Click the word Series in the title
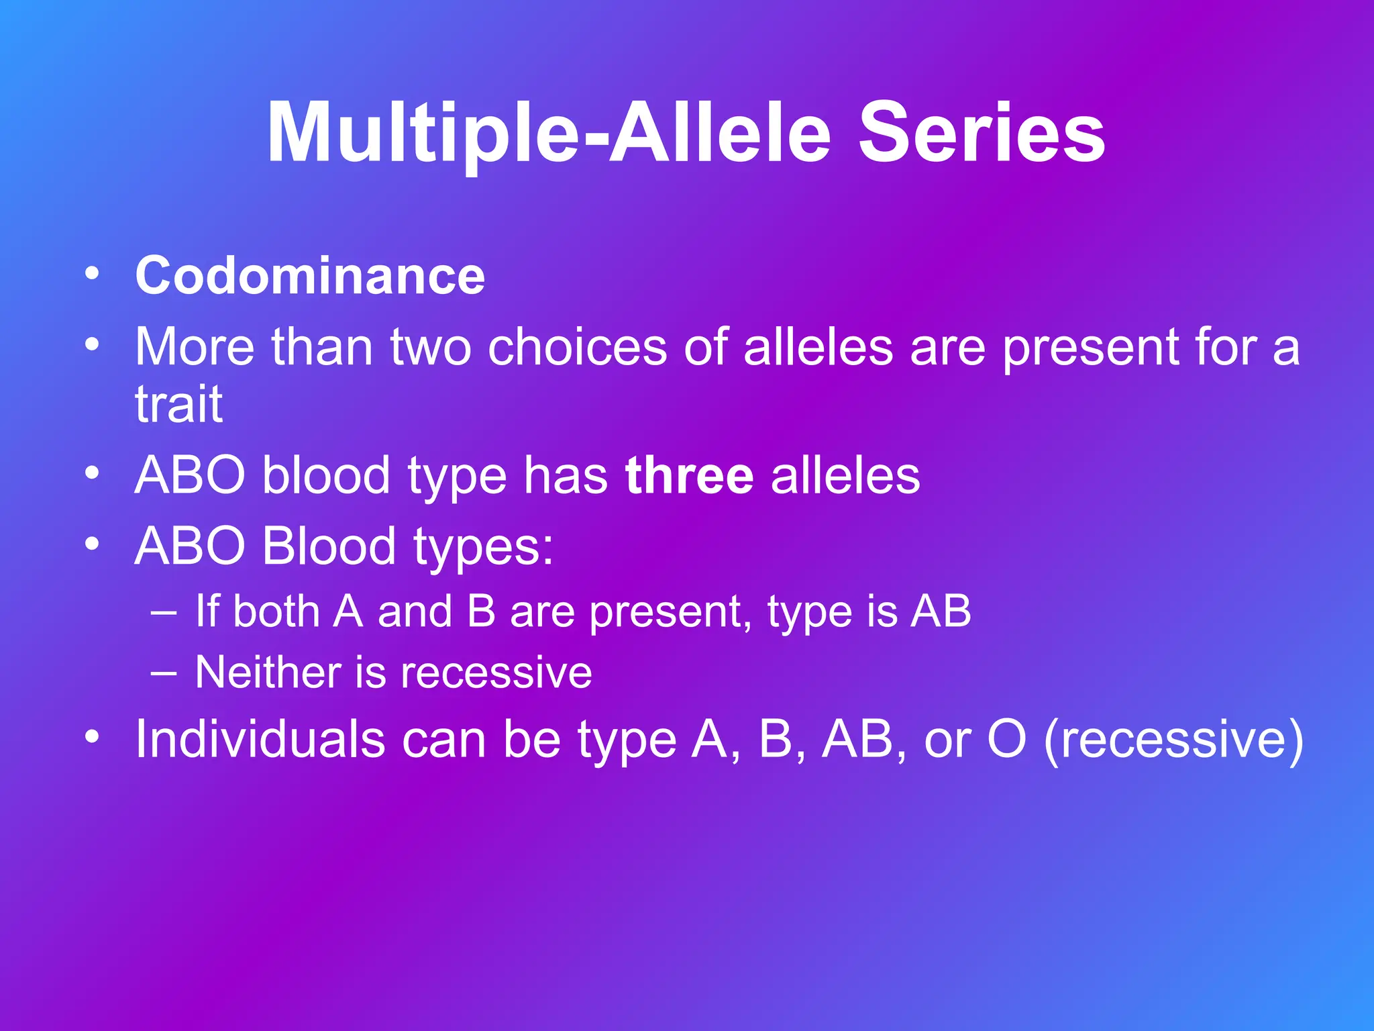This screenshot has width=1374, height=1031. click(982, 132)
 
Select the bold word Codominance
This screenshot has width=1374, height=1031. click(310, 276)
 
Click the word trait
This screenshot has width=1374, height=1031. click(178, 404)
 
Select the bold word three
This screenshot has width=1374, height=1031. click(689, 476)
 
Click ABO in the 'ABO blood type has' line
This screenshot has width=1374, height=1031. click(190, 476)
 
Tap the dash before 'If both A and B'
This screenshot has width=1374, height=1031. click(164, 612)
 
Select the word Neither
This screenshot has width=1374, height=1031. click(268, 673)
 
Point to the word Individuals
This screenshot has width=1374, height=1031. click(260, 739)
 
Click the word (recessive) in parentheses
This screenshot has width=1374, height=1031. click(1173, 740)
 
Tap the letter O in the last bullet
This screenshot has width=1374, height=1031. click(1006, 739)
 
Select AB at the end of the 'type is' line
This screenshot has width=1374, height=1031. click(941, 611)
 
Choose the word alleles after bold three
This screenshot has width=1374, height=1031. click(845, 476)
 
